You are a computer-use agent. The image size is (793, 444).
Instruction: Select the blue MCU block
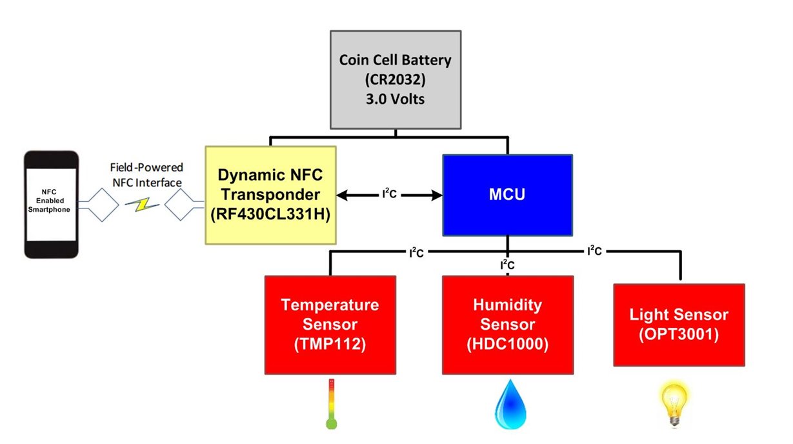(x=507, y=194)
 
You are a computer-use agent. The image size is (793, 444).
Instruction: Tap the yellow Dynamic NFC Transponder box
(x=270, y=195)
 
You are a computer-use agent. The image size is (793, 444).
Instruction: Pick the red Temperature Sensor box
(x=330, y=324)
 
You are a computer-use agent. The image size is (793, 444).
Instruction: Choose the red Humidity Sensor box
(x=507, y=324)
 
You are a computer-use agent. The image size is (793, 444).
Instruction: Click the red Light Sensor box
(x=679, y=324)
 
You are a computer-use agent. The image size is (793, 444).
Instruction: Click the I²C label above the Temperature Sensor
(x=416, y=252)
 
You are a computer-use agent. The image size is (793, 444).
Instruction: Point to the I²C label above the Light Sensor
(x=594, y=250)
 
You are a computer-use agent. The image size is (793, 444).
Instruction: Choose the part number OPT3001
(x=679, y=336)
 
